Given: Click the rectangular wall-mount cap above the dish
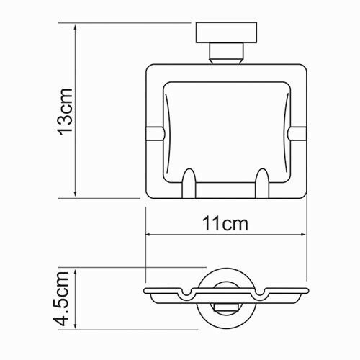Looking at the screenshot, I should tap(225, 34).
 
